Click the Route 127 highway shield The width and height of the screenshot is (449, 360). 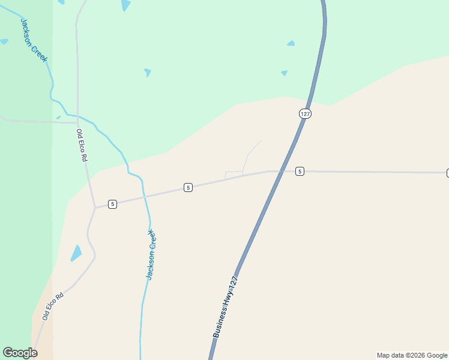coord(306,113)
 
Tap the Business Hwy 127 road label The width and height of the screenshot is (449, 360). coord(226,307)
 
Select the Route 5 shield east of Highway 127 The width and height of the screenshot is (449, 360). coord(300,171)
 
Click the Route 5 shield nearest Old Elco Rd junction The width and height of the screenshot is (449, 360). coord(112,204)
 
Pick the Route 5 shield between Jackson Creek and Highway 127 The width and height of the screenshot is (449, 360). coord(188,188)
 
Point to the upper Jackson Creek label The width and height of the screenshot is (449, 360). coord(34,40)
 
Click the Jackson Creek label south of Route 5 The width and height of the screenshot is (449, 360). coord(152,254)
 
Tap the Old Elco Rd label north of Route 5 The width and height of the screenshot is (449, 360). coord(82,145)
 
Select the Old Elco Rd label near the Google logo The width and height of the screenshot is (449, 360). coord(53,306)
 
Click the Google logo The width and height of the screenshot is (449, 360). coord(20,353)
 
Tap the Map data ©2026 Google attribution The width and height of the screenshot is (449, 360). coord(412,355)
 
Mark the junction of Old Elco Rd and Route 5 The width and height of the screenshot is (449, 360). coord(95,208)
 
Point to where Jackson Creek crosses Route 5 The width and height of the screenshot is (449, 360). coord(145,196)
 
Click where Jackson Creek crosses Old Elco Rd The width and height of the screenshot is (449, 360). coord(77,115)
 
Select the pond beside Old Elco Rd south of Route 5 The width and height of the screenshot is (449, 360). coord(76,253)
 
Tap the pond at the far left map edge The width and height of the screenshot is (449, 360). coord(4,41)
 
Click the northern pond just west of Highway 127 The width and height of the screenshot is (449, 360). coord(291,43)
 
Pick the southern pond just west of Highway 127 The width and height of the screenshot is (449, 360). coord(284,73)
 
